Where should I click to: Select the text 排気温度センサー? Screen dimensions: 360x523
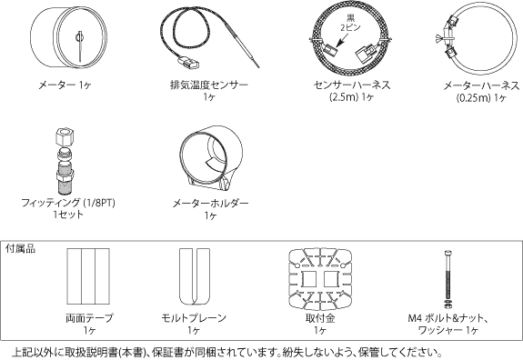[209, 85]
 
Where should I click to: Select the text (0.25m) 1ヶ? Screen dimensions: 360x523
[482, 98]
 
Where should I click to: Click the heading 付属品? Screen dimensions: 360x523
[19, 247]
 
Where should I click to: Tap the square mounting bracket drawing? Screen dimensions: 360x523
[319, 276]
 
